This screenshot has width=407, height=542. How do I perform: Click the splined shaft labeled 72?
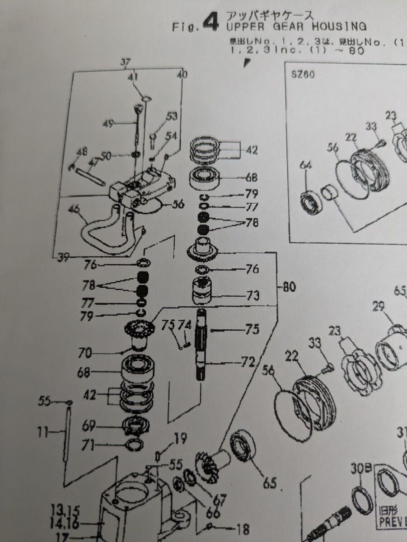201,348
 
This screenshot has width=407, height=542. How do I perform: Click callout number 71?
88,446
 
